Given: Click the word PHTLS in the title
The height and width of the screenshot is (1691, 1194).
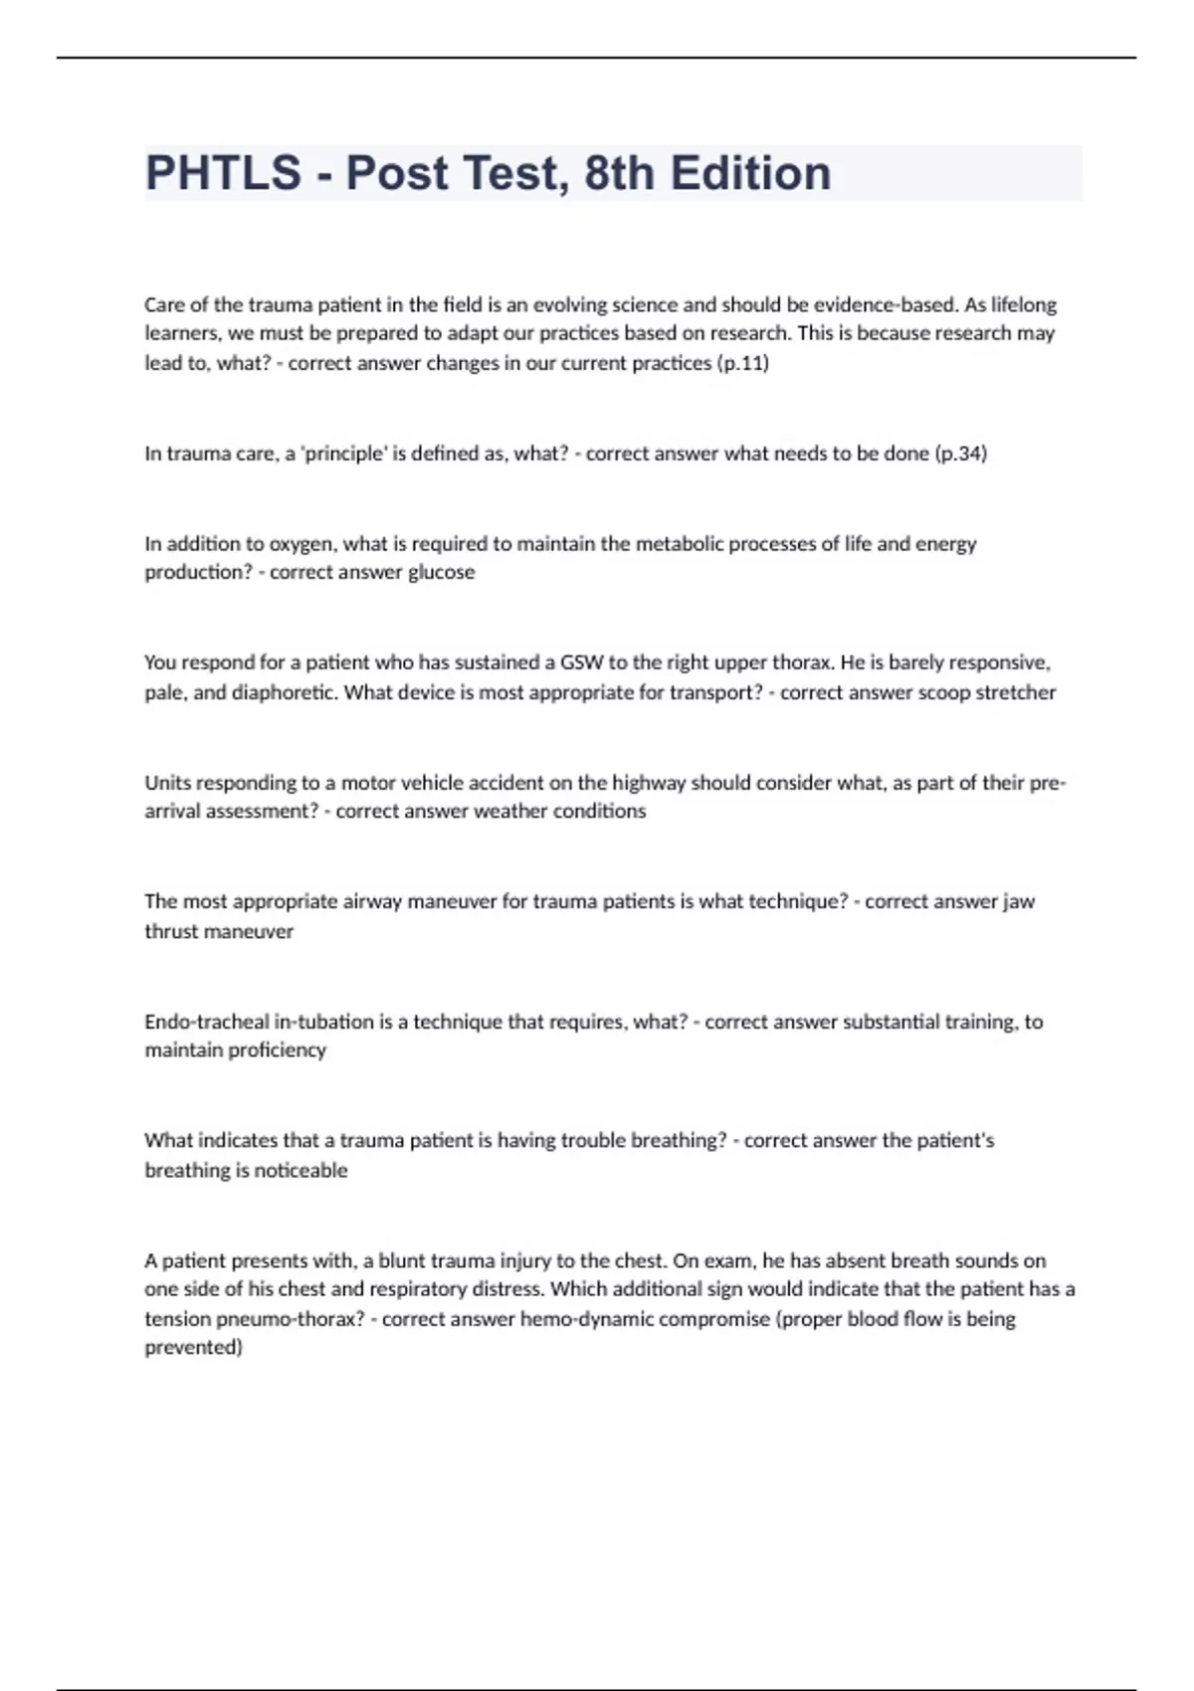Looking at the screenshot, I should pyautogui.click(x=223, y=173).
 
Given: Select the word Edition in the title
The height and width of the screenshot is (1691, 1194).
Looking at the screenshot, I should pyautogui.click(x=750, y=173).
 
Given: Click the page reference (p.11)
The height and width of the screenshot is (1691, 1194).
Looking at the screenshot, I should pyautogui.click(x=742, y=363).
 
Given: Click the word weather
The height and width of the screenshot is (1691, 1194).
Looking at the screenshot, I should pyautogui.click(x=509, y=812).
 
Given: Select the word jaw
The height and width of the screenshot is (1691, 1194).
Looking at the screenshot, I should pyautogui.click(x=1018, y=902).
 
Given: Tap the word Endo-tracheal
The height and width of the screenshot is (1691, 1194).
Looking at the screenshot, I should pyautogui.click(x=205, y=1022).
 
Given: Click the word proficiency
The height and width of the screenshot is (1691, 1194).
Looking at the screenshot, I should pyautogui.click(x=279, y=1050).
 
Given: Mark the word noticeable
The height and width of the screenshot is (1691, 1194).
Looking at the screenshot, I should pyautogui.click(x=300, y=1171).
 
